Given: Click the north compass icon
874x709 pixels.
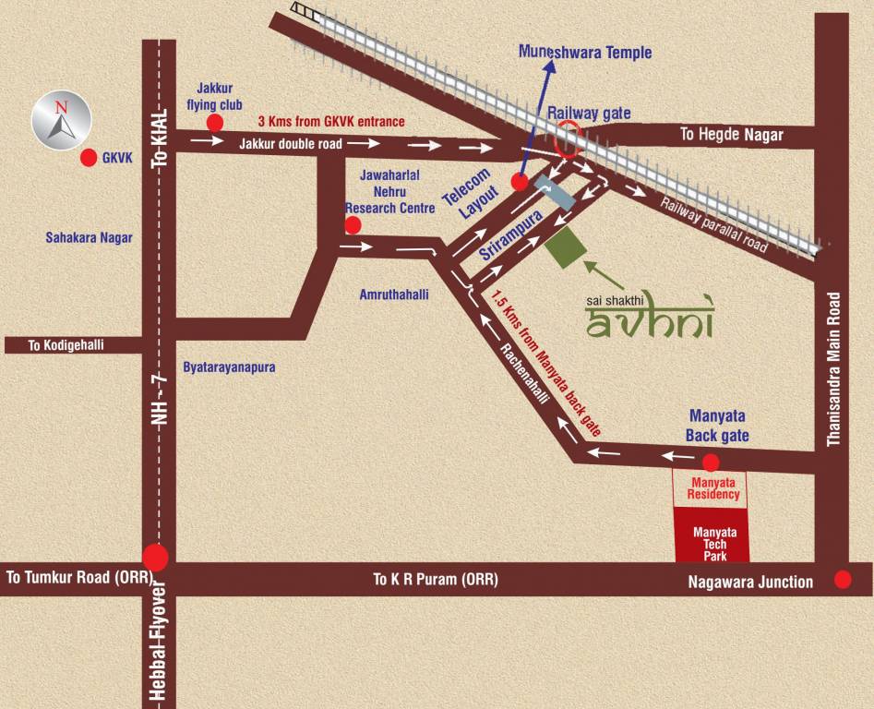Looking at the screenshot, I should (62, 120).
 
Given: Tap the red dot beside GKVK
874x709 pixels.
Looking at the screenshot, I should (89, 158).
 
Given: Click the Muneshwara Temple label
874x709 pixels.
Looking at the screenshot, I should (585, 53).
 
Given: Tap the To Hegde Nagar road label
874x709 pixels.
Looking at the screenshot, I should (731, 135).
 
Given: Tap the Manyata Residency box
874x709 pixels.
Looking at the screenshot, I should (709, 487).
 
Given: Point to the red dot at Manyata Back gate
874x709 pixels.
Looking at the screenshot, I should (711, 463).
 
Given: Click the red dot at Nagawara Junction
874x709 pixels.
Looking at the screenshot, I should (843, 580).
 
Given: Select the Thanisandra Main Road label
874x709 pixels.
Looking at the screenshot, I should (833, 370).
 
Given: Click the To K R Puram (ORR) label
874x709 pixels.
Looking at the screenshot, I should (435, 580).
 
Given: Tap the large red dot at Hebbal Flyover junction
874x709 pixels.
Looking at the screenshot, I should (155, 558).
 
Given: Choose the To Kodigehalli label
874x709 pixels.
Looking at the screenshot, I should (66, 345).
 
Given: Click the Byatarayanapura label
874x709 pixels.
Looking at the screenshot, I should (229, 367).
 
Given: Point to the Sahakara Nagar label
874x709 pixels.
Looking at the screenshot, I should (90, 237).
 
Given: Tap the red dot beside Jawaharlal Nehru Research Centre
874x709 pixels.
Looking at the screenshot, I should (353, 224).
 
